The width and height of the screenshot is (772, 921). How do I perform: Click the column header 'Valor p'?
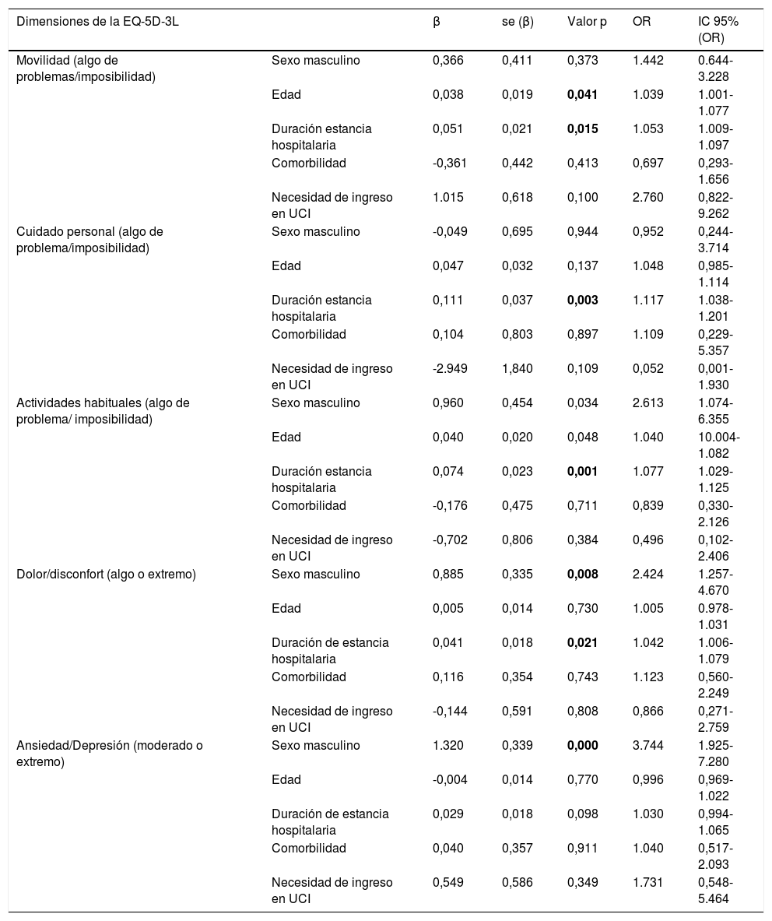pyautogui.click(x=587, y=22)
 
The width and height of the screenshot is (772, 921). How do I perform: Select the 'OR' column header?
pyautogui.click(x=641, y=22)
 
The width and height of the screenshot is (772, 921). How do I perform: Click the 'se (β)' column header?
pyautogui.click(x=518, y=22)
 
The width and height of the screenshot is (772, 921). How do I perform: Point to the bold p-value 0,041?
pyautogui.click(x=583, y=95)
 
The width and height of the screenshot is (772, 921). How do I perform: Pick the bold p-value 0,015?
pyautogui.click(x=583, y=129)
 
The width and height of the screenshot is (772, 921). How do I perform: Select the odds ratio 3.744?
pyautogui.click(x=648, y=746)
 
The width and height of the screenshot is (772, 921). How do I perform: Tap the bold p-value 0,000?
pyautogui.click(x=583, y=746)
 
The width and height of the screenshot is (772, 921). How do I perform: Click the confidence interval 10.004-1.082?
pyautogui.click(x=719, y=445)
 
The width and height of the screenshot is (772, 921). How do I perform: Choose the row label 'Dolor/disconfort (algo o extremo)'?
pyautogui.click(x=106, y=575)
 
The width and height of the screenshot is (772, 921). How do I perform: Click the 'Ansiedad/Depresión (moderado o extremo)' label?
pyautogui.click(x=109, y=754)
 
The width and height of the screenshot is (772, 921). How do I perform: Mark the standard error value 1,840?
pyautogui.click(x=518, y=369)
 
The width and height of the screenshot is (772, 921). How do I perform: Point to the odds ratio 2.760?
pyautogui.click(x=648, y=198)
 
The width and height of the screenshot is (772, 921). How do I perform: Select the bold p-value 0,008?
pyautogui.click(x=583, y=575)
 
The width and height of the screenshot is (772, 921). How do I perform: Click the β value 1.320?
pyautogui.click(x=447, y=746)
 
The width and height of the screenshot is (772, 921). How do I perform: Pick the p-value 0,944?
pyautogui.click(x=583, y=232)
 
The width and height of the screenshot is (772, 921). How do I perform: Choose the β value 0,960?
pyautogui.click(x=447, y=403)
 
